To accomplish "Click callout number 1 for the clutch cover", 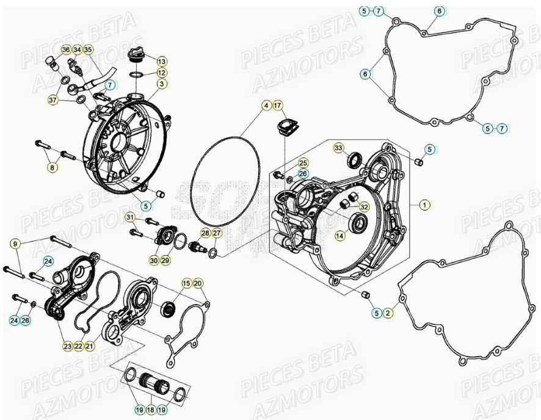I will click(x=424, y=205).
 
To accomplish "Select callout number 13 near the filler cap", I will click(x=161, y=62).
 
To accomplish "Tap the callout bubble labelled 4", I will click(x=266, y=106).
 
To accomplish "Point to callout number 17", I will click(x=278, y=106).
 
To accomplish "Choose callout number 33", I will click(x=338, y=148).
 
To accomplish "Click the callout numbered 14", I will click(x=339, y=235).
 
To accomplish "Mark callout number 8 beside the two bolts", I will click(x=53, y=167).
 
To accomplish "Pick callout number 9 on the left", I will click(x=15, y=244).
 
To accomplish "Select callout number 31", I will click(x=130, y=217).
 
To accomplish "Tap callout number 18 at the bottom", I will click(x=150, y=410).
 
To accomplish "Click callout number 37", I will click(x=53, y=100).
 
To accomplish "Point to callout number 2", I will click(x=388, y=313).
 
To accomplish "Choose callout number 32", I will click(x=363, y=207).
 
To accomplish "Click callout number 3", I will click(x=161, y=84).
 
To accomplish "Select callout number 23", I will click(x=67, y=346).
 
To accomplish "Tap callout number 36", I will click(x=66, y=49).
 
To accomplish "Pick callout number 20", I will click(x=197, y=283).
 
